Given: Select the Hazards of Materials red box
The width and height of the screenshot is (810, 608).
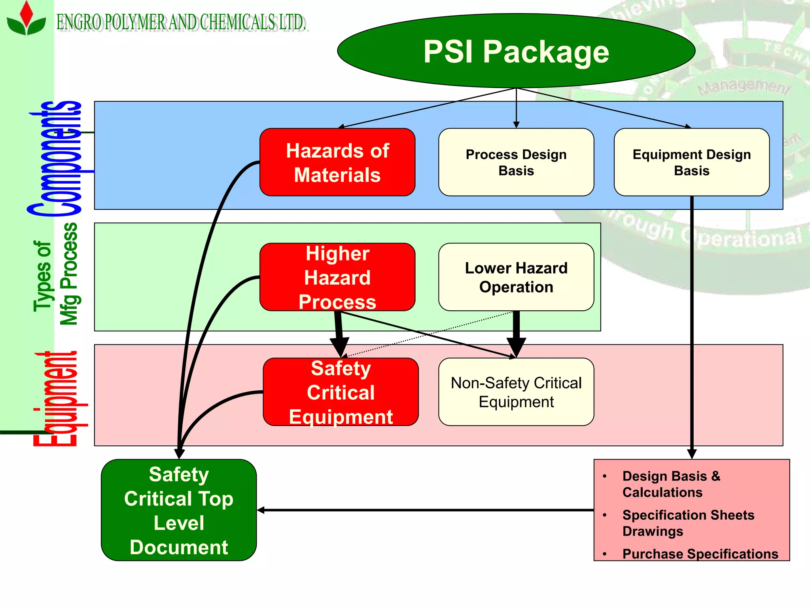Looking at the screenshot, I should (x=337, y=162).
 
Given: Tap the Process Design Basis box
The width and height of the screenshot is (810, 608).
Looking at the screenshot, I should (x=516, y=162).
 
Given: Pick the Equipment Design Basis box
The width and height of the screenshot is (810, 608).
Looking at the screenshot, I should (x=691, y=162).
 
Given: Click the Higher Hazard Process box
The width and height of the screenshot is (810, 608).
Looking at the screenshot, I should (x=337, y=277).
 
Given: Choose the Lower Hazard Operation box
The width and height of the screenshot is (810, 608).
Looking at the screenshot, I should (x=516, y=277).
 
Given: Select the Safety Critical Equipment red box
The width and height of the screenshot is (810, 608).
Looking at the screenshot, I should (x=341, y=392).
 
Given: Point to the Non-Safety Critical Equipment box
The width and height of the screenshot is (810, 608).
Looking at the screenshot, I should (x=516, y=392).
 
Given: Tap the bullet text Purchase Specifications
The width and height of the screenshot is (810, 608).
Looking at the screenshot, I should (x=700, y=554).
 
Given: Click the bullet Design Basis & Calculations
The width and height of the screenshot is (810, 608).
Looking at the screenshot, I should (x=671, y=484).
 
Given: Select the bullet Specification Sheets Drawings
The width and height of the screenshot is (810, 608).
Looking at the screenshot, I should (x=688, y=522).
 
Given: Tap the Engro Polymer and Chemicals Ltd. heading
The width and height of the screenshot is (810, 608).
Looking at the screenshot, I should (x=181, y=22).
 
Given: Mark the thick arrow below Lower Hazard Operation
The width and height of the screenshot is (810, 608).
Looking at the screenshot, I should (x=516, y=332).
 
